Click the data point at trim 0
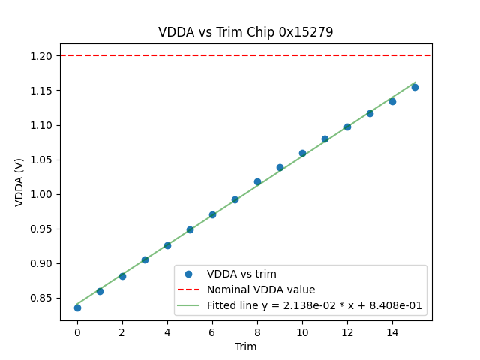[77, 307]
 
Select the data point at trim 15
[415, 87]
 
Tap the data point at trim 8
[257, 181]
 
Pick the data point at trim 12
[347, 127]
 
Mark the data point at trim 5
[190, 229]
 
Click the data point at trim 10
[302, 153]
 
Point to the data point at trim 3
[145, 259]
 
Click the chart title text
[245, 32]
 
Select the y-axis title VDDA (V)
[19, 182]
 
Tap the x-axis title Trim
[245, 346]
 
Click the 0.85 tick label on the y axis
[42, 298]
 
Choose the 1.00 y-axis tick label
[42, 194]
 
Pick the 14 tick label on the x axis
[392, 332]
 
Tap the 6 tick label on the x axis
[212, 332]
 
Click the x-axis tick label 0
[77, 332]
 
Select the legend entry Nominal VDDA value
[261, 289]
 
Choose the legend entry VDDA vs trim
[241, 274]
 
